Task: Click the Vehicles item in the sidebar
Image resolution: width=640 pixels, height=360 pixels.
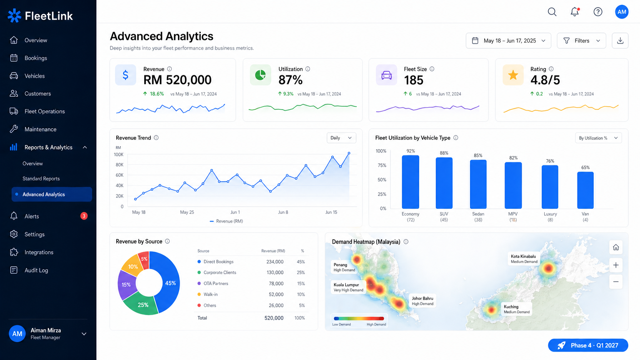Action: pos(34,76)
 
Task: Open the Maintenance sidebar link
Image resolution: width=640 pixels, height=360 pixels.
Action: pos(40,129)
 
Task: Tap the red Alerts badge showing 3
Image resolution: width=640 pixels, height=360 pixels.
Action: pos(84,216)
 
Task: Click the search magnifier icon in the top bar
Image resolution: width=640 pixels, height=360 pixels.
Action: pos(552,12)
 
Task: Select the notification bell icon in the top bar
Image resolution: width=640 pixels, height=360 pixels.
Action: pos(575,12)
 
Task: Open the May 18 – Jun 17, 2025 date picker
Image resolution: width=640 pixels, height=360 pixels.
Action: pos(508,40)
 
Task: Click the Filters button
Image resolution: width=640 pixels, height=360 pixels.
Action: pos(581,40)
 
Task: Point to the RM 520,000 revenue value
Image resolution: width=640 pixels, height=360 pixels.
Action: pos(177,80)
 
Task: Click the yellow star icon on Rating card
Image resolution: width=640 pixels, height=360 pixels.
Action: pos(513,75)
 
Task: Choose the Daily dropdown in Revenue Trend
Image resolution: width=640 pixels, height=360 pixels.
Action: pos(341,138)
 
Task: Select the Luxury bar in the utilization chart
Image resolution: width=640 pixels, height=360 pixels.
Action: pos(550,187)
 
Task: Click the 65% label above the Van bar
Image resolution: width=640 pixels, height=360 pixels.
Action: pos(585,167)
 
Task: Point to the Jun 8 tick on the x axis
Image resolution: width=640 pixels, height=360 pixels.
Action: pos(283,212)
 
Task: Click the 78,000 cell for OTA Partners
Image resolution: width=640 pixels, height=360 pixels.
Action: pos(276,283)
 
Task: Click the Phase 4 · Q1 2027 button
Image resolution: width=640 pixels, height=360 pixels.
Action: pos(588,345)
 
